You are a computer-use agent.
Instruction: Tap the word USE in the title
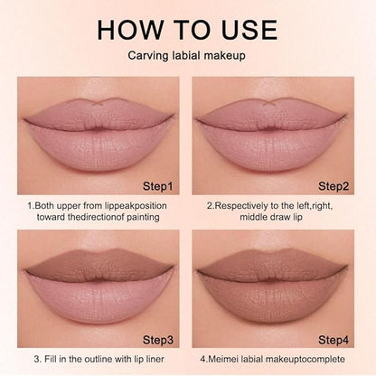[x=249, y=30]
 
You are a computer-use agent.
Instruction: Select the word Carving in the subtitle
[x=147, y=56]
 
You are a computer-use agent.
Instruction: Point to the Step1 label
[x=158, y=186]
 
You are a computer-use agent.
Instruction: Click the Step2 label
[x=334, y=186]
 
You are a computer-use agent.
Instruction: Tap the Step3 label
[x=158, y=340]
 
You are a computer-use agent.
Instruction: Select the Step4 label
[x=334, y=340]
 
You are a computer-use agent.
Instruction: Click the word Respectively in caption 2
[x=242, y=206]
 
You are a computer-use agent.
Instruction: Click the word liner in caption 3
[x=154, y=359]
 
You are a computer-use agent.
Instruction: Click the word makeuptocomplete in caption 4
[x=305, y=359]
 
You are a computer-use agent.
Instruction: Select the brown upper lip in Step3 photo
[x=99, y=264]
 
